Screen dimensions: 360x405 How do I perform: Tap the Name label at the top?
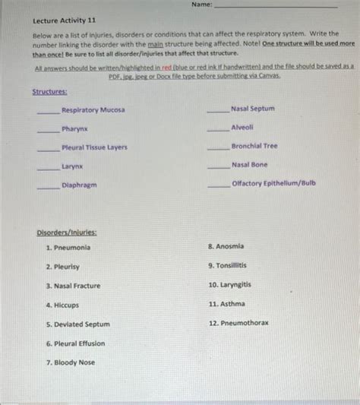(201, 5)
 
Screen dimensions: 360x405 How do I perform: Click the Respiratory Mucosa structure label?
(93, 110)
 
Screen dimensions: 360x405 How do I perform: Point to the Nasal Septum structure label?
(253, 109)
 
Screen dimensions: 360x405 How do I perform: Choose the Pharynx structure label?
(75, 129)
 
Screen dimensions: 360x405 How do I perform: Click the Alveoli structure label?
(242, 128)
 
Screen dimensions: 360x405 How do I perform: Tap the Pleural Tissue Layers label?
(94, 147)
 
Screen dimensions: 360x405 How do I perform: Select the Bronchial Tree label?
(254, 146)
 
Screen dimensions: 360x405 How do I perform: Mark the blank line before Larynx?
(49, 169)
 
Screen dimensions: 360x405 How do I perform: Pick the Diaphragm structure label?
(79, 185)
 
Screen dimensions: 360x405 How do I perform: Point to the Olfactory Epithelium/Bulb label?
(273, 183)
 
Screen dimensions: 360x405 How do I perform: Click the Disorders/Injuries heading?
(67, 233)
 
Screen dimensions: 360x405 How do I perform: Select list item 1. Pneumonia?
(68, 248)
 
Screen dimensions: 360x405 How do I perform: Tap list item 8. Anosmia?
(226, 247)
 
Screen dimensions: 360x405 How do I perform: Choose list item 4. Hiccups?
(62, 305)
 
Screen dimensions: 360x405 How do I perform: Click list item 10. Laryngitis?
(230, 285)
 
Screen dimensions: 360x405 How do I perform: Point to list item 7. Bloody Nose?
(70, 362)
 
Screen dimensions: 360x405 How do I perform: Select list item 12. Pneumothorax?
(238, 323)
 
